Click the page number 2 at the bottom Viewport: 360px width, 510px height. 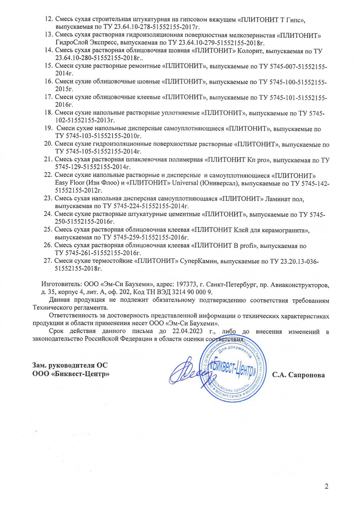(x=326, y=486)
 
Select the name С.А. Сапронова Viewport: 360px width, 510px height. (x=298, y=375)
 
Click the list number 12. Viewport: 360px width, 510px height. (x=48, y=20)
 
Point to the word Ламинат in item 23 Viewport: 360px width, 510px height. (x=276, y=199)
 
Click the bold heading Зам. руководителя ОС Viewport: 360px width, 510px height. (x=70, y=365)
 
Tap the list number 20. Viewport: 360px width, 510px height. (x=48, y=144)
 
